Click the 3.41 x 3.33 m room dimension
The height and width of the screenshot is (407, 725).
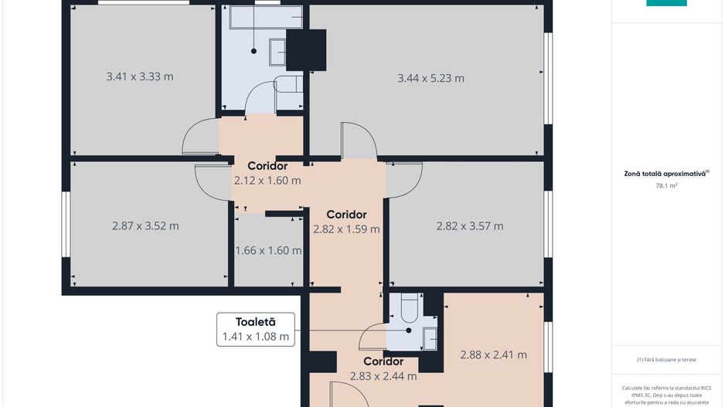(x=139, y=76)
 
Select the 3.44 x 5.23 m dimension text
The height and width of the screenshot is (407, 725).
(x=431, y=78)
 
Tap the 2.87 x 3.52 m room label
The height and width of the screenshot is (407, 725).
(x=145, y=226)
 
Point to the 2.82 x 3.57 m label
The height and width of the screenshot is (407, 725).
(x=469, y=226)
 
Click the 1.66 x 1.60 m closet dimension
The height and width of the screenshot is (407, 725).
(x=268, y=250)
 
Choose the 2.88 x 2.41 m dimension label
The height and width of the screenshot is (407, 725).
(x=493, y=354)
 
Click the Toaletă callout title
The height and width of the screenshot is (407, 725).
(x=255, y=321)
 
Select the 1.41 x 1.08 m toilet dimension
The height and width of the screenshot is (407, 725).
(x=255, y=336)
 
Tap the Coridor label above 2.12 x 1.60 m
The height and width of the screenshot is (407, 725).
(x=267, y=166)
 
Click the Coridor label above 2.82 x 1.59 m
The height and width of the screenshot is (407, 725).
(x=346, y=214)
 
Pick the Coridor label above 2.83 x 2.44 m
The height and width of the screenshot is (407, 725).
(x=383, y=361)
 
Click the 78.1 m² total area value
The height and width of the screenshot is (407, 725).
(x=666, y=185)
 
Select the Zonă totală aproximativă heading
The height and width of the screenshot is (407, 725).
(x=666, y=174)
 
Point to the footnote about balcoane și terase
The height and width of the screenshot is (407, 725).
(x=666, y=359)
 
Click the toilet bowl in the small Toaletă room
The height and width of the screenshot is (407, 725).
(x=409, y=309)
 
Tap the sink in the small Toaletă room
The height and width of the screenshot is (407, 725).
(x=430, y=338)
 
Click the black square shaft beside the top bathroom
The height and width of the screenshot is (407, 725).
(x=305, y=49)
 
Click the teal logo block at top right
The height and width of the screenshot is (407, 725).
(x=666, y=3)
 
